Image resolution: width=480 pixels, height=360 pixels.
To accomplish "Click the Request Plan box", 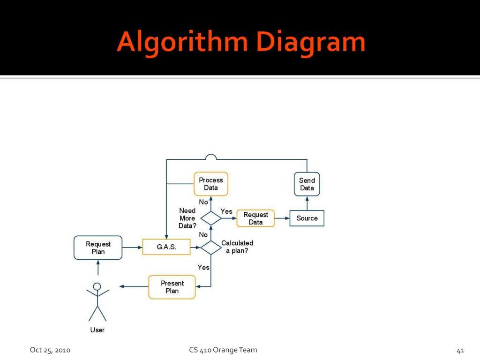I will (98, 247).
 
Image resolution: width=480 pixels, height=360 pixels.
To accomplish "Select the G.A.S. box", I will (166, 247).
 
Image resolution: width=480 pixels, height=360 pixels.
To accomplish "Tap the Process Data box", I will (211, 184).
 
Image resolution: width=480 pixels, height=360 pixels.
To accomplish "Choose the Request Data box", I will (255, 218).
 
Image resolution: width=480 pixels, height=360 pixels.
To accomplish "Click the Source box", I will (307, 218).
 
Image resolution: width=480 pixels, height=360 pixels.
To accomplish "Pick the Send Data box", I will (307, 184).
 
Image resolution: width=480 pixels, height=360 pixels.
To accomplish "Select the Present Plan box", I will (172, 287).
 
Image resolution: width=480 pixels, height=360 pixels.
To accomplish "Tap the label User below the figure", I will (97, 330).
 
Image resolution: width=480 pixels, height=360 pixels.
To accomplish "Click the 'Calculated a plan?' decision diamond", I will (211, 247).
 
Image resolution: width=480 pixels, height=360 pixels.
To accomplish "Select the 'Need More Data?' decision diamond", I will (211, 218).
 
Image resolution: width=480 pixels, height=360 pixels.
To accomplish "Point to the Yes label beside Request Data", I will (226, 211).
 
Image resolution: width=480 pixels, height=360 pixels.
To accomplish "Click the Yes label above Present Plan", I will (203, 267).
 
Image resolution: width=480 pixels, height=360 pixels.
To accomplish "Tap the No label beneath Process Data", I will (203, 202).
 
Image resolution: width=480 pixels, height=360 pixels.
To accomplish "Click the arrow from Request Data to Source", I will (282, 218).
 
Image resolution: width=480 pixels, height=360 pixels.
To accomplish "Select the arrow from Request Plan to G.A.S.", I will (132, 247).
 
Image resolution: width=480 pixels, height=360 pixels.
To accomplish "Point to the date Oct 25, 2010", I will (50, 350).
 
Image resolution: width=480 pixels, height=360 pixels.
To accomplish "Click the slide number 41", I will (460, 350).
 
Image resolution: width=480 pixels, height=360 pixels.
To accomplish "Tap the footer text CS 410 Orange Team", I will (223, 350).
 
